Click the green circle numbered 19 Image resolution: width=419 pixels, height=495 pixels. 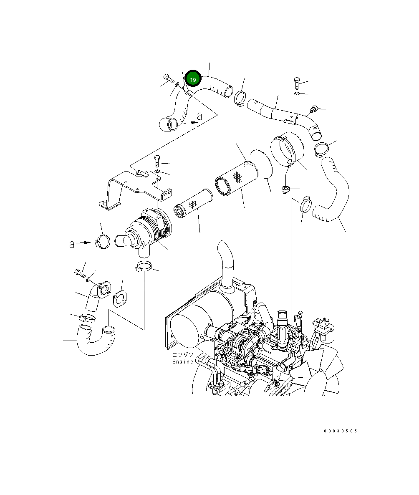click(x=193, y=79)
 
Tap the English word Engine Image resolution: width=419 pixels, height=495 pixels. click(x=183, y=361)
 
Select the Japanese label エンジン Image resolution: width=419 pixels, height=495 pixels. click(x=183, y=355)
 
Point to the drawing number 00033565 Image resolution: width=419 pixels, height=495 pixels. click(x=340, y=431)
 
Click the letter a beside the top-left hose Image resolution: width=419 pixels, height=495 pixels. click(x=199, y=116)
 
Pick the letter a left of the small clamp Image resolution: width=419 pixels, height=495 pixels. click(x=72, y=244)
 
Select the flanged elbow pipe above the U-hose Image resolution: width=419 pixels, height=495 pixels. click(x=96, y=294)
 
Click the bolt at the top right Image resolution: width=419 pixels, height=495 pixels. click(x=297, y=82)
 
